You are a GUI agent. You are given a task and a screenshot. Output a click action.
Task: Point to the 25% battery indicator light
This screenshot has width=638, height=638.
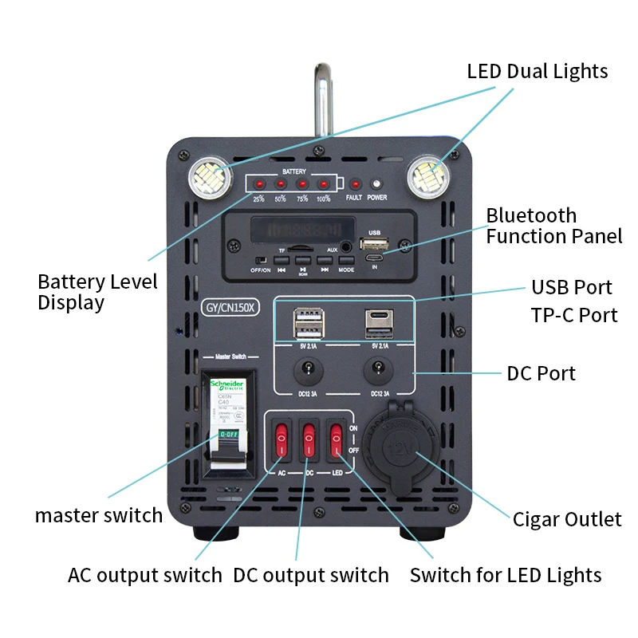point(258,185)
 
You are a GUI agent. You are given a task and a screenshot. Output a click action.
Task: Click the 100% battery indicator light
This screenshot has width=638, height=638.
point(323,185)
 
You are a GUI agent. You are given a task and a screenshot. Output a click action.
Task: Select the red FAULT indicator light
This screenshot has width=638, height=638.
point(355,185)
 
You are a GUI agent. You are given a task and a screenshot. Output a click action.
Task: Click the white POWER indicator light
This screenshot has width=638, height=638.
point(377,185)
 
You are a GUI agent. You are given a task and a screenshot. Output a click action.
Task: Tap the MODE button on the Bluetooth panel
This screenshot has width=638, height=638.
point(346,259)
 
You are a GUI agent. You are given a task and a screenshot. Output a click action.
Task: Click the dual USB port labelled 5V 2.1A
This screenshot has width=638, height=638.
point(309,325)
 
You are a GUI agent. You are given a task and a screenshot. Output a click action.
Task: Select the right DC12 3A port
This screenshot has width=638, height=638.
point(378,369)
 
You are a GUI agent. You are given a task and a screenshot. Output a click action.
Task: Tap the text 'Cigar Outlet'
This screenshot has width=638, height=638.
point(566,519)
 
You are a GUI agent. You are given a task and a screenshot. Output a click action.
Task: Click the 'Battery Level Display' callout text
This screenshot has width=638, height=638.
point(97,292)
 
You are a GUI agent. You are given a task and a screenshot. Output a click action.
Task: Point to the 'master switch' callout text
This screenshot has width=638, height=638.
point(98,515)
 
